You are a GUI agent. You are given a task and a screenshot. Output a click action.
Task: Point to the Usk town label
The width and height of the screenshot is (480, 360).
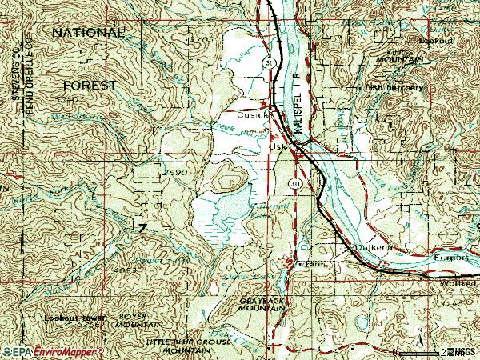(279, 147)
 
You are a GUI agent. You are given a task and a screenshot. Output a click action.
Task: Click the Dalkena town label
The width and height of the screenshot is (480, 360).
(374, 249)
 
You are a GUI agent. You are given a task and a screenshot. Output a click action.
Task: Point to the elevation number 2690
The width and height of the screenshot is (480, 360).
(174, 172)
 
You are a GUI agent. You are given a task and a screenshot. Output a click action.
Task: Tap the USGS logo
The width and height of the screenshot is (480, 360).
(462, 351)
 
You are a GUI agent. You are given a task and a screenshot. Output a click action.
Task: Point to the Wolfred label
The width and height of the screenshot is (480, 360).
(458, 283)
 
